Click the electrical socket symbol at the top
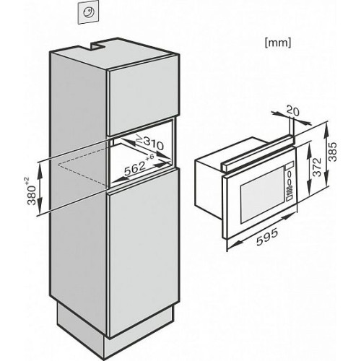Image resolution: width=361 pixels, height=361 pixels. [88, 12]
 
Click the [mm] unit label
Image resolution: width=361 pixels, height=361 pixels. [278, 43]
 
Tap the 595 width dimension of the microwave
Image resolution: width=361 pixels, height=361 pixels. [267, 238]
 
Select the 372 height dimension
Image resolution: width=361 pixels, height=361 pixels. [318, 167]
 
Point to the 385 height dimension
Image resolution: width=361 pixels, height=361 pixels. [332, 152]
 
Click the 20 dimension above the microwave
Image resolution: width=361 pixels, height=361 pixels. [293, 111]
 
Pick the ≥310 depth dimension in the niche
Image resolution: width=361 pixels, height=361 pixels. [149, 143]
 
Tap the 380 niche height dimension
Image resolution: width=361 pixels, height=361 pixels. [31, 195]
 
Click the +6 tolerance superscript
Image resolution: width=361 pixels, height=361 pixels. [149, 157]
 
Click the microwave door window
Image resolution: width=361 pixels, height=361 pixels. [262, 195]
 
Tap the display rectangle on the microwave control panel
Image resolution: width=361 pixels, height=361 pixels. [289, 166]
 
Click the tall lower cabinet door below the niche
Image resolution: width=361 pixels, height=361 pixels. [144, 253]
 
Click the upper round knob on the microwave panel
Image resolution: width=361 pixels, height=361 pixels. [289, 174]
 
